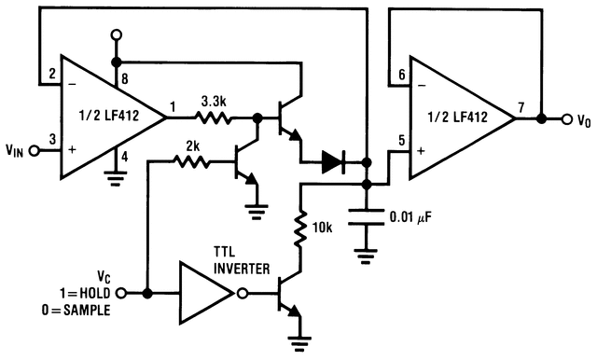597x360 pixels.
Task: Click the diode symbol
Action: click(x=333, y=161)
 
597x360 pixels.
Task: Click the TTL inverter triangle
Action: click(x=206, y=293)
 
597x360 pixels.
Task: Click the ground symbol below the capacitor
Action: click(x=367, y=255)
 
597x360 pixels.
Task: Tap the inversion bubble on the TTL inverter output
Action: click(x=243, y=293)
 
